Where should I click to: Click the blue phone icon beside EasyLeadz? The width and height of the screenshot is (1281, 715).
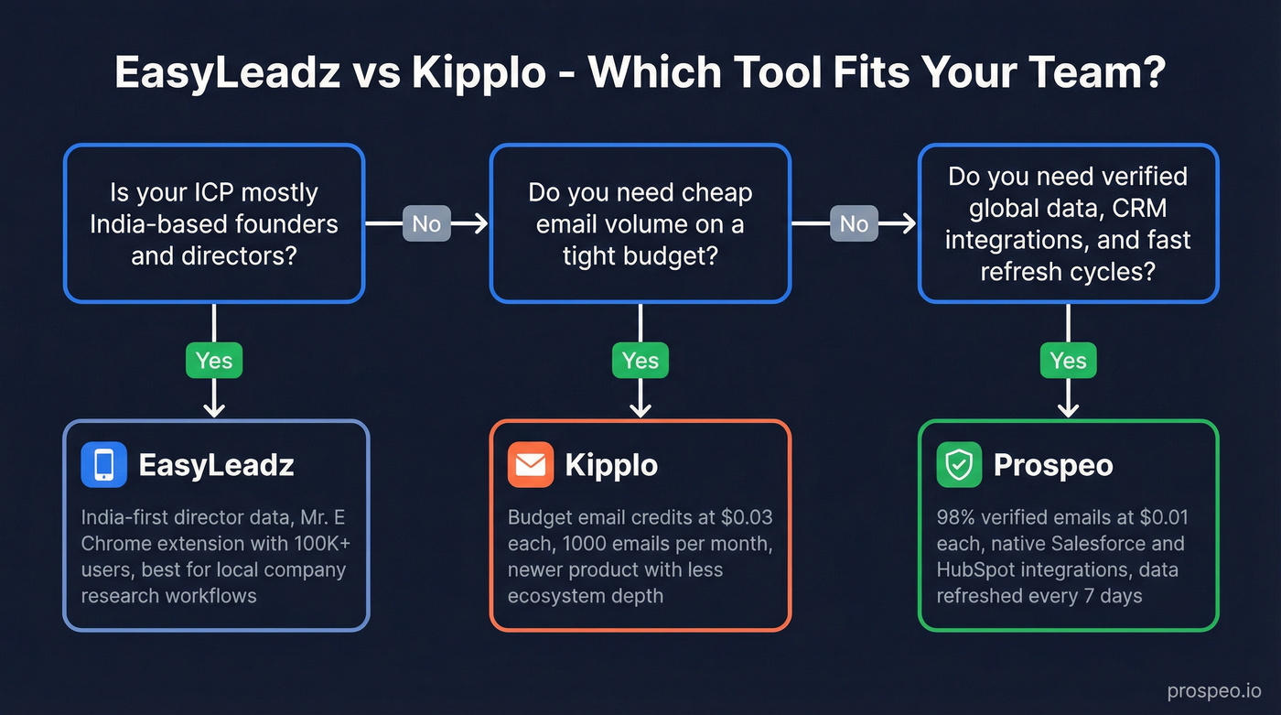point(103,464)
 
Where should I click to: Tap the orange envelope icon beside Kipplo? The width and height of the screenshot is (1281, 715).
point(531,464)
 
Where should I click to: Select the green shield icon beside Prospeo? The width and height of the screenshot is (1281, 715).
point(959,465)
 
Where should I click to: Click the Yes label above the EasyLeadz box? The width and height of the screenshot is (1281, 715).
point(214,360)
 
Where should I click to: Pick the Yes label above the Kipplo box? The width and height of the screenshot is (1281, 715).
point(640,360)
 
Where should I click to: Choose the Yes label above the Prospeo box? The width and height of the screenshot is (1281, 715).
point(1068,360)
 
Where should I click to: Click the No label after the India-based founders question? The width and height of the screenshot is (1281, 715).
point(426,223)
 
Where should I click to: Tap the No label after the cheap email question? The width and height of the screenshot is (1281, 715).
point(854,223)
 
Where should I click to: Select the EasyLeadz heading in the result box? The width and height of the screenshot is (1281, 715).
point(216,465)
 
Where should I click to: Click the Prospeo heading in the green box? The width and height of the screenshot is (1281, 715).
point(1053,465)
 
